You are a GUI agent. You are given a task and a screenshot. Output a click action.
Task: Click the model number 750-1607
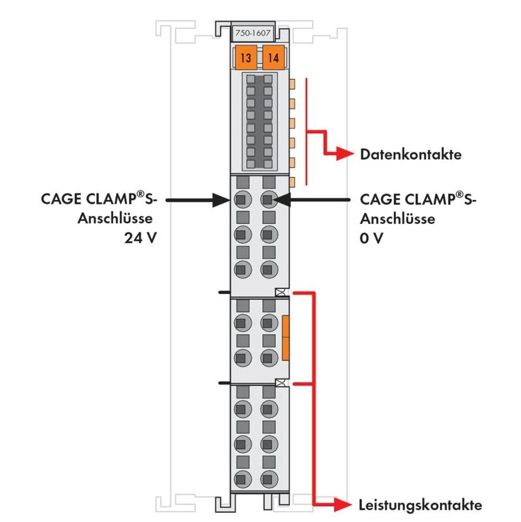(x=254, y=32)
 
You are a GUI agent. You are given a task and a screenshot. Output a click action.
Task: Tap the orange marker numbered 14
(x=273, y=57)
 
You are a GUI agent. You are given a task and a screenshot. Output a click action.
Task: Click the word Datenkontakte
(x=410, y=155)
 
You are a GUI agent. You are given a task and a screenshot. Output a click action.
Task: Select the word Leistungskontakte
(x=420, y=505)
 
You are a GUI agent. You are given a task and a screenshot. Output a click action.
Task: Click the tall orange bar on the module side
(x=285, y=337)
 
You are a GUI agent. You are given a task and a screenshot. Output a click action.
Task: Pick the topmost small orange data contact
(x=292, y=83)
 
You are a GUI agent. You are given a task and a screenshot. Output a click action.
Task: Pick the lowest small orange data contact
(x=292, y=182)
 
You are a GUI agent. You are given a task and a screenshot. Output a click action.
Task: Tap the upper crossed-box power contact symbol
(x=282, y=293)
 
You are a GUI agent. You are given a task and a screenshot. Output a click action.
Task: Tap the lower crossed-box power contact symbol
(x=282, y=384)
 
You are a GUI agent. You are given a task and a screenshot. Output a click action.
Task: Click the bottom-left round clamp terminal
(x=240, y=477)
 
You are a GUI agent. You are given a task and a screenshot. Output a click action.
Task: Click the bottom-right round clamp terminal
(x=268, y=477)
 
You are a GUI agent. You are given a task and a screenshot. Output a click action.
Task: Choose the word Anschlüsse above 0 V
(x=397, y=219)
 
